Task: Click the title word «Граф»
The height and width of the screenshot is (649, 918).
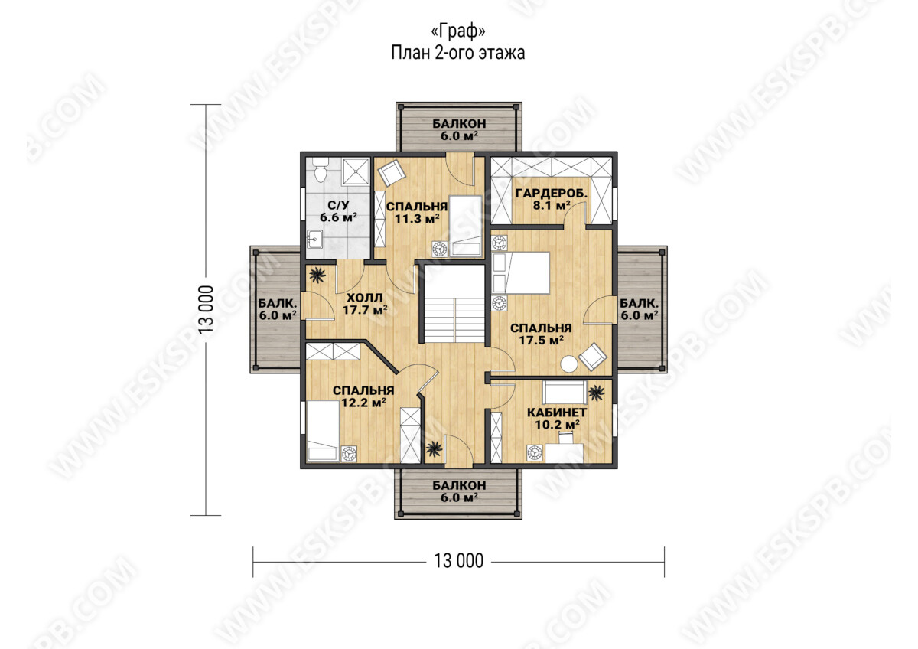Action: coord(458,31)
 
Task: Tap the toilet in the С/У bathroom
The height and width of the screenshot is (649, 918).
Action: coord(320,171)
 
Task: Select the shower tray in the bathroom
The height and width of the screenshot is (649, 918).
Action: coord(356,171)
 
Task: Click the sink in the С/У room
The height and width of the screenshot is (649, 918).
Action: coord(315,240)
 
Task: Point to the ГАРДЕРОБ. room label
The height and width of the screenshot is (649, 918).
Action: coord(552,193)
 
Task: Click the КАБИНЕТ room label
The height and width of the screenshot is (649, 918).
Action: coord(557,412)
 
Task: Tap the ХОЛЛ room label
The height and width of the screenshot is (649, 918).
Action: coord(365,297)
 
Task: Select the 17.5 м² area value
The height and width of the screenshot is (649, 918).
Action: coord(541,340)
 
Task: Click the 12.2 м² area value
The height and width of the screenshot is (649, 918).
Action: coord(363,403)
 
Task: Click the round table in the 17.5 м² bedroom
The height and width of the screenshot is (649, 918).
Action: coord(569,364)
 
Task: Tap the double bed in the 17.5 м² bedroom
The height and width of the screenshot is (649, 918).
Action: coord(521,272)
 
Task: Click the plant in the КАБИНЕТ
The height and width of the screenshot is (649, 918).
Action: coord(596,393)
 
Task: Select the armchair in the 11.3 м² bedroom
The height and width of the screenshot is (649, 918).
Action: coord(392,173)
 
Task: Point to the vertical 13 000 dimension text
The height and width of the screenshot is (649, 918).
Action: coord(207,309)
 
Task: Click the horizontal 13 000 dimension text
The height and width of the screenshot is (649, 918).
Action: coord(458,560)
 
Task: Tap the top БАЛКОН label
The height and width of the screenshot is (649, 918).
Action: coord(460,123)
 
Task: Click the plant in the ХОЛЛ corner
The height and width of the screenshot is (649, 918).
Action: coord(317,275)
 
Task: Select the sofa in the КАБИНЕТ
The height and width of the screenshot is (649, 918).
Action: coord(565,393)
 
